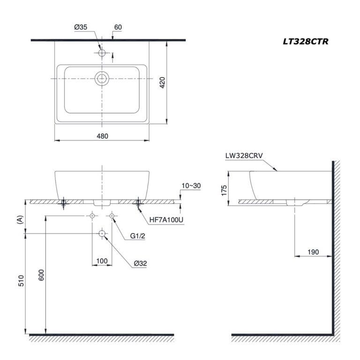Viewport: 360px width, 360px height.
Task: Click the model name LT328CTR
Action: pyautogui.click(x=305, y=41)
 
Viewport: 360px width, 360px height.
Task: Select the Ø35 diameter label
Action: pyautogui.click(x=81, y=28)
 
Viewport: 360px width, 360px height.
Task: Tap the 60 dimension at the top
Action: pyautogui.click(x=118, y=28)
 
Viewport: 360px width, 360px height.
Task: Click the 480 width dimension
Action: pyautogui.click(x=102, y=136)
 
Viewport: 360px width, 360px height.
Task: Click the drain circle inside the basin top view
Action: pyautogui.click(x=102, y=78)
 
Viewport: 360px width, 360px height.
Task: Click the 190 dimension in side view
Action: pyautogui.click(x=313, y=252)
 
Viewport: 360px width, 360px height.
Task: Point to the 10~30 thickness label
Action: pyautogui.click(x=191, y=186)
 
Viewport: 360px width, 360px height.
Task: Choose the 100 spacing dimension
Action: pyautogui.click(x=102, y=261)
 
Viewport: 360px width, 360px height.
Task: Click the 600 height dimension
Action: pyautogui.click(x=41, y=277)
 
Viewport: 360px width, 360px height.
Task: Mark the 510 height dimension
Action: pyautogui.click(x=20, y=281)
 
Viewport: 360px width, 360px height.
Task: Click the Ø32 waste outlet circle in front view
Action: pyautogui.click(x=102, y=233)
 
